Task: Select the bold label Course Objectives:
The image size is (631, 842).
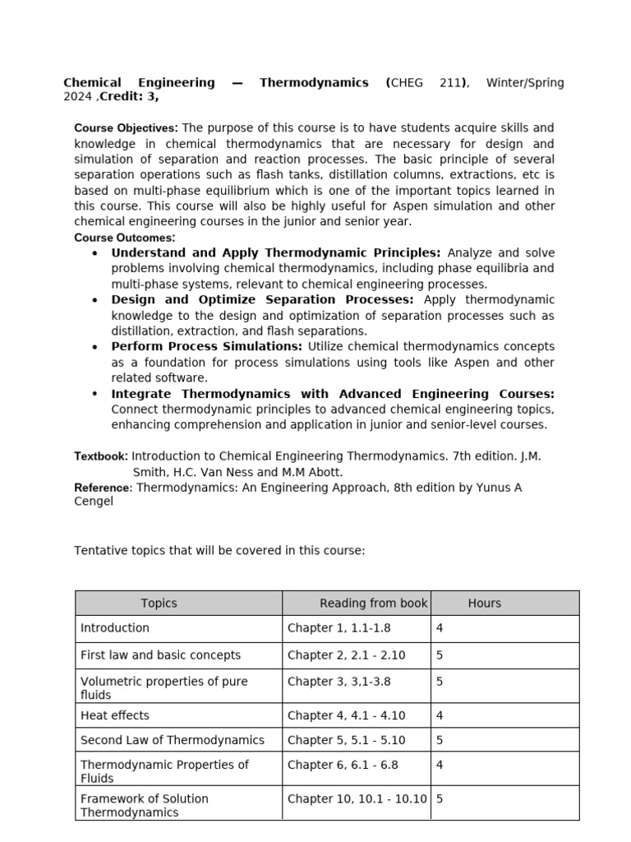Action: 126,128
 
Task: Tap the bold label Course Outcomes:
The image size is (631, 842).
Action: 125,238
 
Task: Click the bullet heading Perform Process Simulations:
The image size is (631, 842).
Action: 207,347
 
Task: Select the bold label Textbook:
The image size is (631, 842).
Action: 101,456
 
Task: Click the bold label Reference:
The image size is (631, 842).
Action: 103,488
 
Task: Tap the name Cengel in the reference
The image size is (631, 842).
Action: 94,502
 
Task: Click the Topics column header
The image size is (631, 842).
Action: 159,604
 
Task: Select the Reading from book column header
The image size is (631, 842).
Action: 373,604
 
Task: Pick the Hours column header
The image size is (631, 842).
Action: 484,604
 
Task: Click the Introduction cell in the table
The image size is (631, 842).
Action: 115,628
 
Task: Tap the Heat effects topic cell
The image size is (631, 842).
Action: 115,716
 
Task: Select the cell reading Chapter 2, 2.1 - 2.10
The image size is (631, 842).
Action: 346,656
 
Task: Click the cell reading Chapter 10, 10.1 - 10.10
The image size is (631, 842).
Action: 357,799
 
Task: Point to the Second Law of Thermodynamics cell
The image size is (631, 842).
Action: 173,741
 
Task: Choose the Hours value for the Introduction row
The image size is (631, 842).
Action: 440,628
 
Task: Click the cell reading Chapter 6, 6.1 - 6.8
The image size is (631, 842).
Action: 343,766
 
